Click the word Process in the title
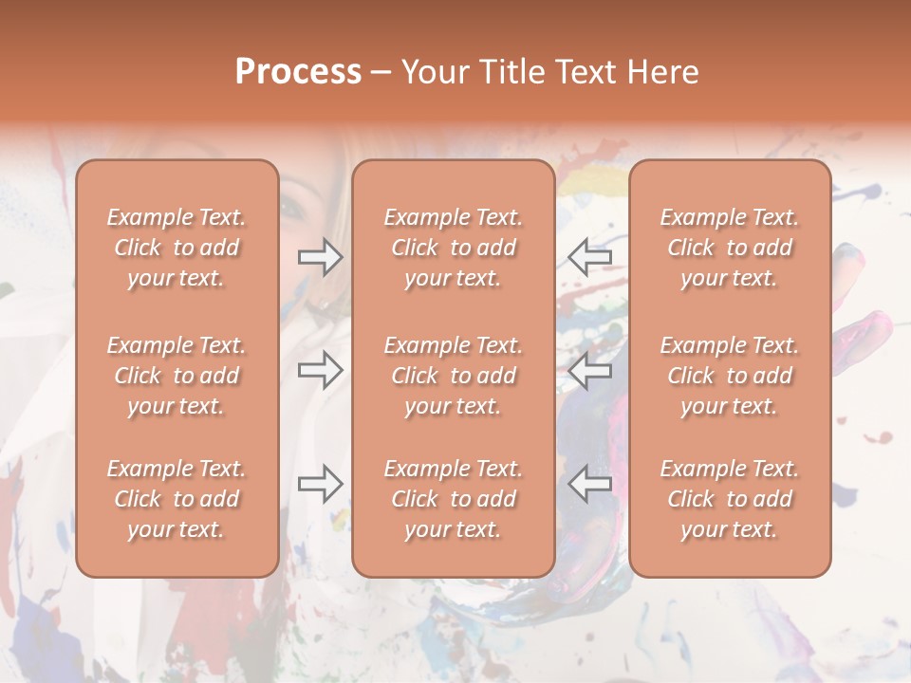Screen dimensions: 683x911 (298, 73)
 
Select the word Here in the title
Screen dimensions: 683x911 (661, 73)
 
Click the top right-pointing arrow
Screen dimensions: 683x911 (320, 257)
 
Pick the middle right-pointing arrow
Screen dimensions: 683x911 (320, 370)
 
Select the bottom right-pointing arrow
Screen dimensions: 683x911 (320, 484)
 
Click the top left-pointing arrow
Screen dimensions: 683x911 (590, 257)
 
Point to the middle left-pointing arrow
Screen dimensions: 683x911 (590, 370)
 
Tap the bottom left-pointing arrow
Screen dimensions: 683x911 (590, 484)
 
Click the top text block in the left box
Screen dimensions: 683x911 (177, 248)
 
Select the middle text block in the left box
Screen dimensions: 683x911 (177, 376)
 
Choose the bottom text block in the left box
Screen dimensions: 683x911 (177, 499)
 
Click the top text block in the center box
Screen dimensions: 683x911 (453, 248)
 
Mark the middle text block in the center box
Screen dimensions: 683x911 (453, 376)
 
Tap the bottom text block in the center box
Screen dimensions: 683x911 (453, 499)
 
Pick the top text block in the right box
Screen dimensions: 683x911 (730, 248)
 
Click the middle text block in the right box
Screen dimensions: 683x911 (730, 376)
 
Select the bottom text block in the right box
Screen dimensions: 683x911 (730, 499)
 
